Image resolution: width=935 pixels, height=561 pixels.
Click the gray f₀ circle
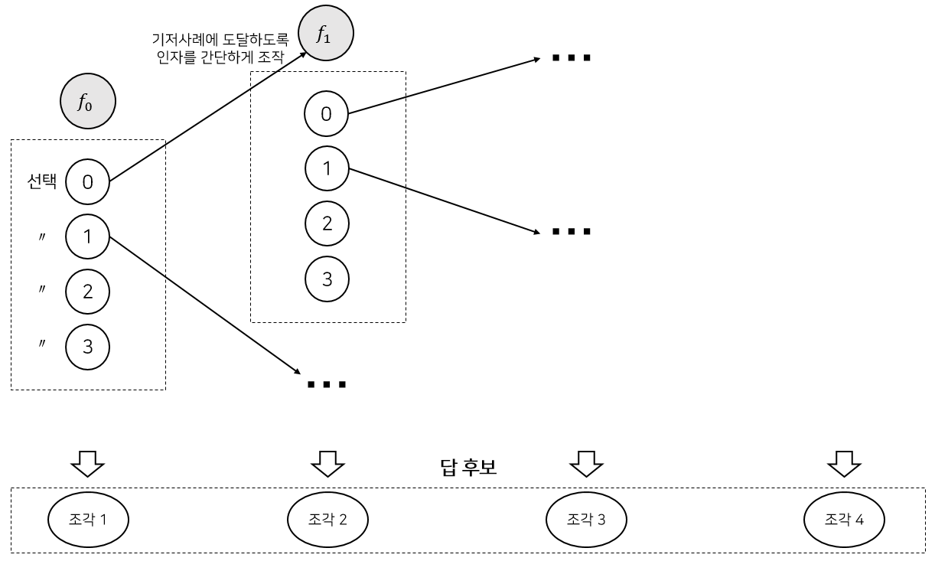click(88, 101)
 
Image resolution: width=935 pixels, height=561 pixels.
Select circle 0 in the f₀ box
click(88, 181)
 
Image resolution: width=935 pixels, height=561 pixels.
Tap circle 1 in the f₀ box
click(88, 236)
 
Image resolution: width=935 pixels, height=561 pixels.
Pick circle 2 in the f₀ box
click(88, 291)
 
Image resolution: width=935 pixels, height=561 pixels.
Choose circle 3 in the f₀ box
click(88, 346)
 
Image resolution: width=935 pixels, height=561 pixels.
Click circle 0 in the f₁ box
click(327, 114)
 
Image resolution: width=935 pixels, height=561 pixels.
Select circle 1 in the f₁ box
click(327, 168)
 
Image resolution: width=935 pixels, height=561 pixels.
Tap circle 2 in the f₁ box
click(327, 223)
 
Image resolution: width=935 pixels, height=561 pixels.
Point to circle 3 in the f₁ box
click(327, 278)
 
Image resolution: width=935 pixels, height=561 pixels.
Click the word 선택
click(42, 181)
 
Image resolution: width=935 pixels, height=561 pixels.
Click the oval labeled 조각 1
click(88, 520)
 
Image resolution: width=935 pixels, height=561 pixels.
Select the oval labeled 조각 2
click(327, 520)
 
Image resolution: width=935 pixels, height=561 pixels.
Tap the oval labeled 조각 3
click(586, 520)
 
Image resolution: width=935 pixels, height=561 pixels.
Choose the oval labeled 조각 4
click(844, 520)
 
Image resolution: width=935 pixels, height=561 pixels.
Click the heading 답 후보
click(468, 467)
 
